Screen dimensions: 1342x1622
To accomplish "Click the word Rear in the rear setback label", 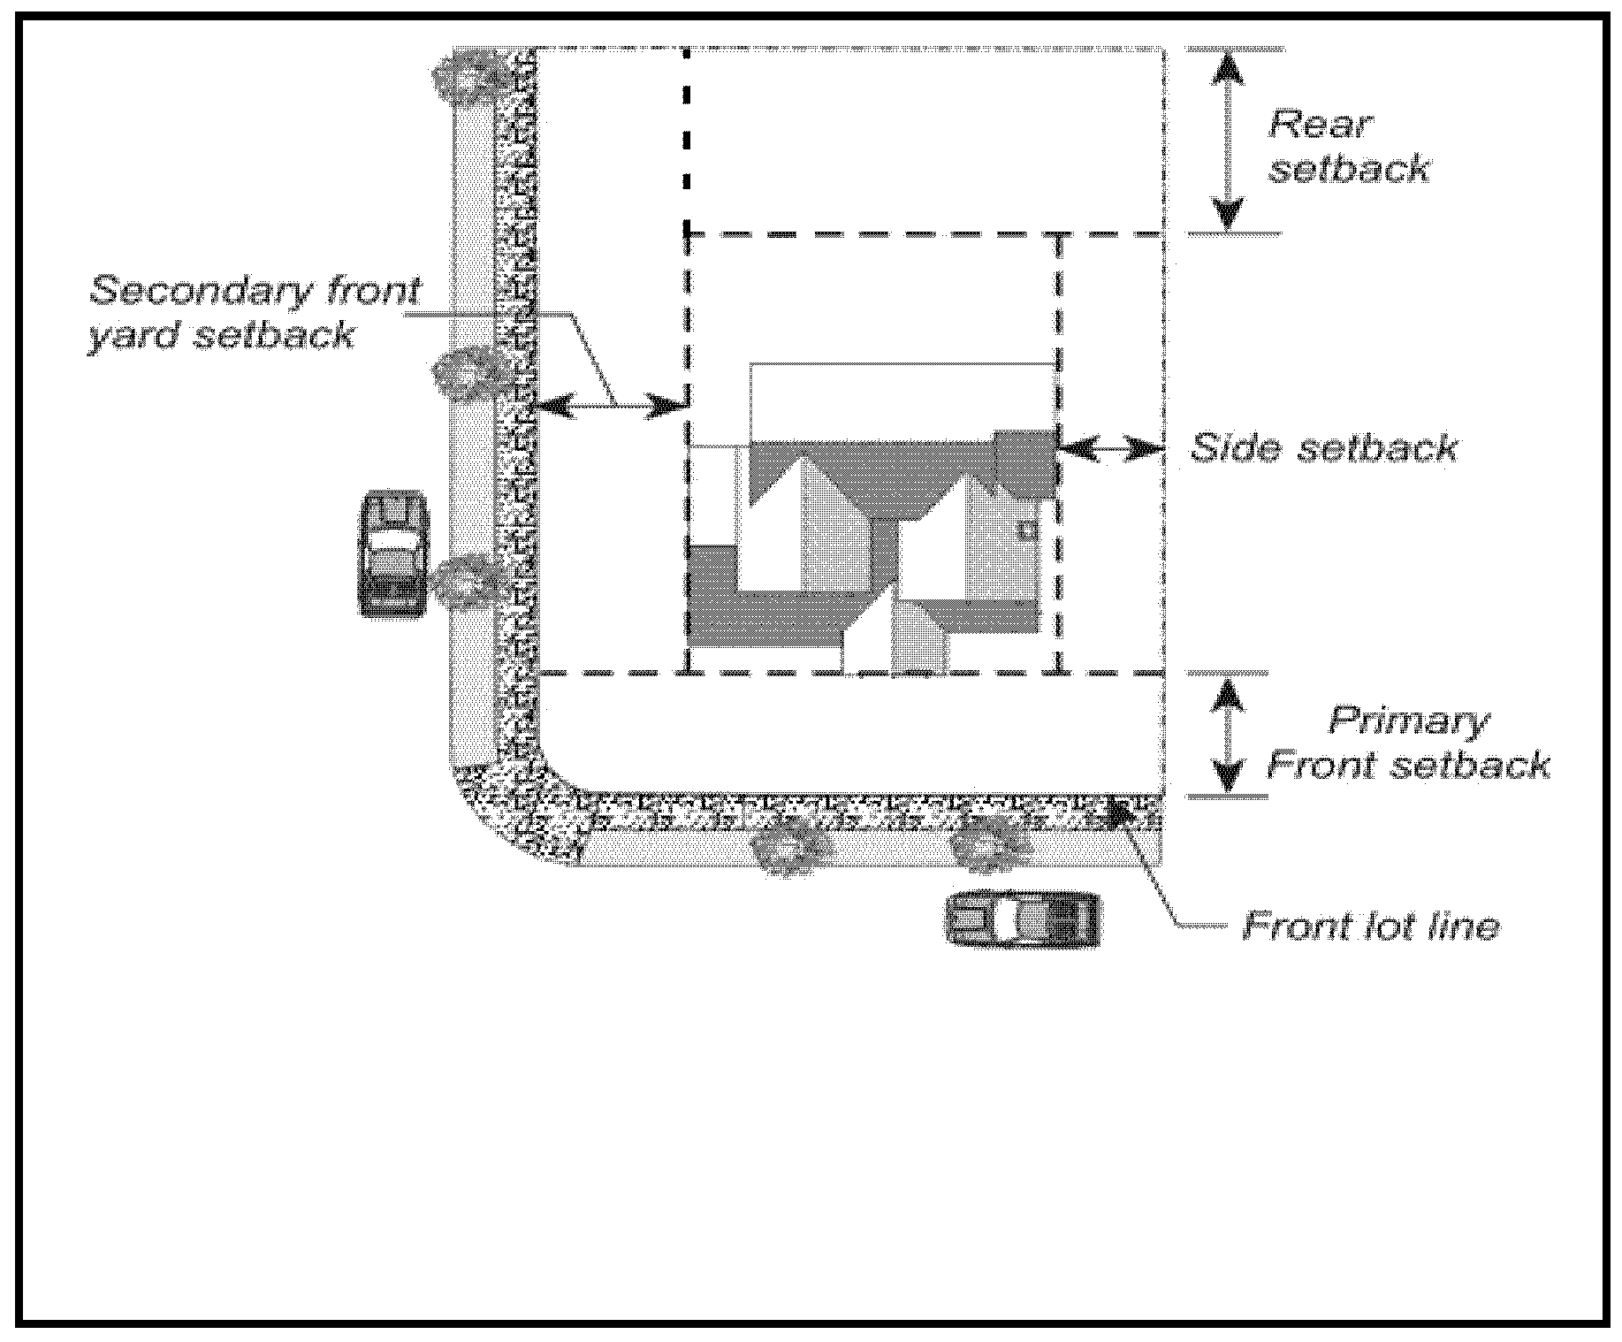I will (x=1321, y=125).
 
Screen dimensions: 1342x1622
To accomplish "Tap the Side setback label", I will (x=1323, y=448).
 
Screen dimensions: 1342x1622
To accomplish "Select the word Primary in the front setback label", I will (x=1408, y=721).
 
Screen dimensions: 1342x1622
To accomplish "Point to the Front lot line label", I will (x=1371, y=926).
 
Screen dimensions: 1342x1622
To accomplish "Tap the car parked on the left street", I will (x=393, y=554).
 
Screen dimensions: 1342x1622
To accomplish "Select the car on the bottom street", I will (x=1024, y=920).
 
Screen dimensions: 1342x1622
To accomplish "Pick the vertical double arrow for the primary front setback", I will (x=1228, y=735).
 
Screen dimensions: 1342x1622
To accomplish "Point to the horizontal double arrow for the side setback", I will (x=1111, y=449).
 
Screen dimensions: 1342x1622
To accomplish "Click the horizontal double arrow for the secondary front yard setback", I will (x=610, y=406).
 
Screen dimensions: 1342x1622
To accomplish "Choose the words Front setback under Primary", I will (x=1408, y=765).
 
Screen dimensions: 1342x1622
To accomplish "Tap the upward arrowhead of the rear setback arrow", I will (x=1228, y=69).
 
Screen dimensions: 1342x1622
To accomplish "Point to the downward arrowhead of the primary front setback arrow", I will (x=1228, y=776).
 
